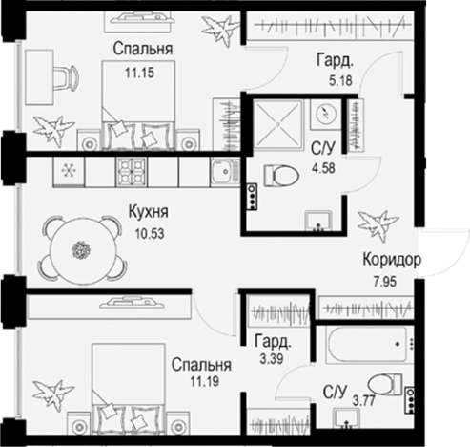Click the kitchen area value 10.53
point(150,234)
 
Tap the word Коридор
point(392,260)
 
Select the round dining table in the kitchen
point(82,249)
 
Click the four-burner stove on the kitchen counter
point(132,172)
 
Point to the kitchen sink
point(225,172)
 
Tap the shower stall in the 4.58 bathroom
point(277,124)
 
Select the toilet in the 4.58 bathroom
point(281,176)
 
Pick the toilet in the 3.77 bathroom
point(384,384)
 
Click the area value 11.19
point(205,381)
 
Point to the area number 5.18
point(340,81)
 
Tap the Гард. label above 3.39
point(273,341)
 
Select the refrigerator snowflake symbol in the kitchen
point(69,171)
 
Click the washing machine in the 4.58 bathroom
point(326,114)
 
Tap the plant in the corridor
point(378,225)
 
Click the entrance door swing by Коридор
point(444,252)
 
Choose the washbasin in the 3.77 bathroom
point(347,418)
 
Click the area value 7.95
point(385,282)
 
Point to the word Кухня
point(149,212)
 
